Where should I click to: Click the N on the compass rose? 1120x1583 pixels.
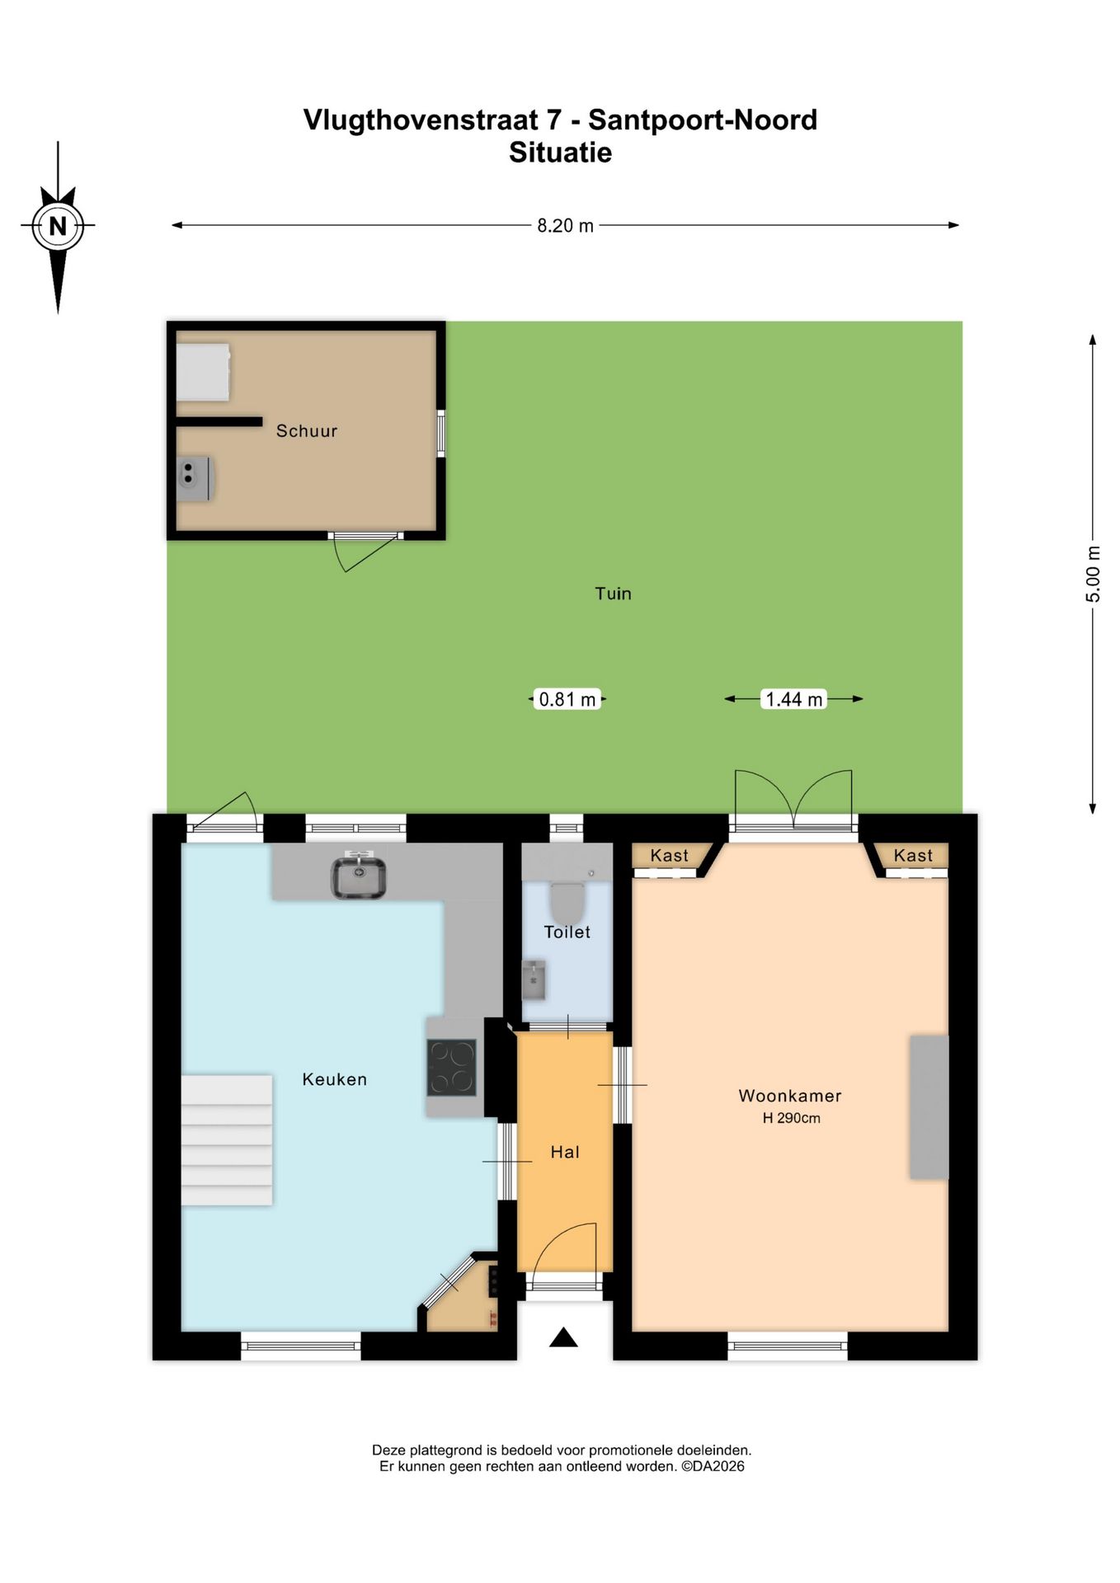pyautogui.click(x=58, y=225)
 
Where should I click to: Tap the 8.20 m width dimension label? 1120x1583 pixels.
pyautogui.click(x=565, y=225)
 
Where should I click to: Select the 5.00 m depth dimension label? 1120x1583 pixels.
pyautogui.click(x=1093, y=574)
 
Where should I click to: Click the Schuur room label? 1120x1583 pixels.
pyautogui.click(x=307, y=430)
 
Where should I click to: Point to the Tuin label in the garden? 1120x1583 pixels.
pyautogui.click(x=614, y=594)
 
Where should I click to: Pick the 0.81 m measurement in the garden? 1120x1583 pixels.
pyautogui.click(x=567, y=699)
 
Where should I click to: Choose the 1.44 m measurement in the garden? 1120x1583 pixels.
pyautogui.click(x=794, y=699)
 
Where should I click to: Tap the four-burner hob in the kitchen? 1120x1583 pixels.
pyautogui.click(x=452, y=1067)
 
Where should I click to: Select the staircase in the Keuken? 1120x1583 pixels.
pyautogui.click(x=227, y=1140)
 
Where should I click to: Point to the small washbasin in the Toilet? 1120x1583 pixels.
pyautogui.click(x=534, y=979)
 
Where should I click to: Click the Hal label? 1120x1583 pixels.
pyautogui.click(x=565, y=1152)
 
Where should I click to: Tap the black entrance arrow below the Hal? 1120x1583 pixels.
pyautogui.click(x=563, y=1336)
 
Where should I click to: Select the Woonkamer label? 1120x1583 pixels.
pyautogui.click(x=790, y=1096)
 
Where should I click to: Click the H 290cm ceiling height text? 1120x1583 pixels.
pyautogui.click(x=791, y=1118)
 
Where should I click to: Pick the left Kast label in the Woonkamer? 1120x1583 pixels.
pyautogui.click(x=669, y=855)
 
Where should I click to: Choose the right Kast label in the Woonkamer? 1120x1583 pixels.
pyautogui.click(x=913, y=855)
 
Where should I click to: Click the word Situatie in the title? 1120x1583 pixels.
pyautogui.click(x=560, y=153)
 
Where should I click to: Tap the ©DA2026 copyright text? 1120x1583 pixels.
pyautogui.click(x=713, y=1466)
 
